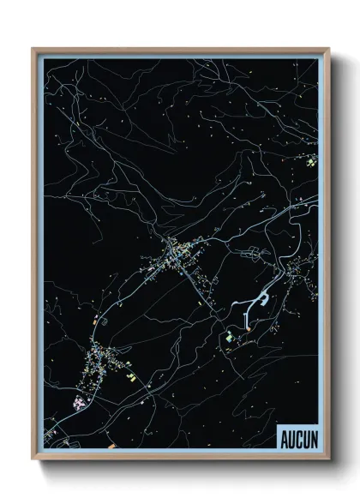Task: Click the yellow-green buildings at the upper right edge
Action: click(x=313, y=159)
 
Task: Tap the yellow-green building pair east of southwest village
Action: click(x=131, y=375)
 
